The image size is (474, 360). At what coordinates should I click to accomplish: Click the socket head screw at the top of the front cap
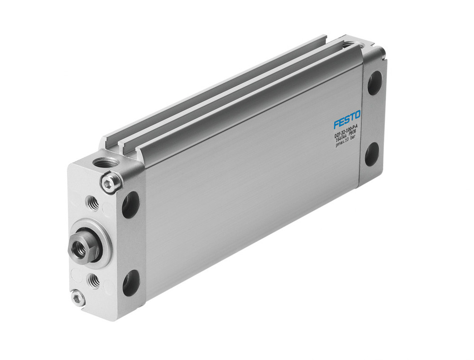coord(111,183)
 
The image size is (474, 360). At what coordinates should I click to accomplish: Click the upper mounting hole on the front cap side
coord(131,205)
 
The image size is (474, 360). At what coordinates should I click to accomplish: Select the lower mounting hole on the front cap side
coord(131,283)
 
